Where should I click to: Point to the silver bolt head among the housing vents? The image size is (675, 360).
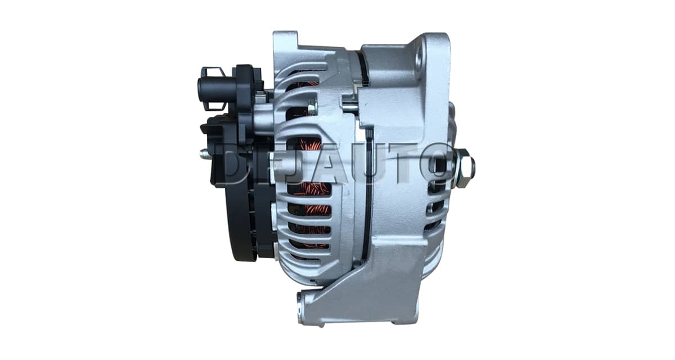tap(313, 107)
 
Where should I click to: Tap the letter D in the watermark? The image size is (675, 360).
tap(236, 164)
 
